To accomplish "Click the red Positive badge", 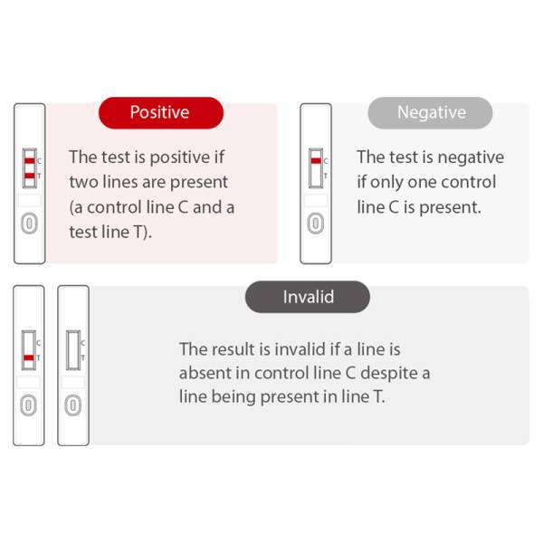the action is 161,113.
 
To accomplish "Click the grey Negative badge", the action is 430,113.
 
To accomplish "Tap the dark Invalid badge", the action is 308,297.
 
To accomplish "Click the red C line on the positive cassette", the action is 30,161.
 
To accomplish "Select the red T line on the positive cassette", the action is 30,176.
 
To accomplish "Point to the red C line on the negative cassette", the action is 316,161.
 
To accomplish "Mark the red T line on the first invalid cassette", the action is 29,357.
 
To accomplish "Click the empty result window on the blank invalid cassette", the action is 73,350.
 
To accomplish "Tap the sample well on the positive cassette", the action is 30,224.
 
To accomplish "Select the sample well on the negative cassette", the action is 316,224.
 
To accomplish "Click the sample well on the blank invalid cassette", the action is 73,405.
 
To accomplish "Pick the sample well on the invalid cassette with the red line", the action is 29,405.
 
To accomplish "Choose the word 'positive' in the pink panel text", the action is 180,157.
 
